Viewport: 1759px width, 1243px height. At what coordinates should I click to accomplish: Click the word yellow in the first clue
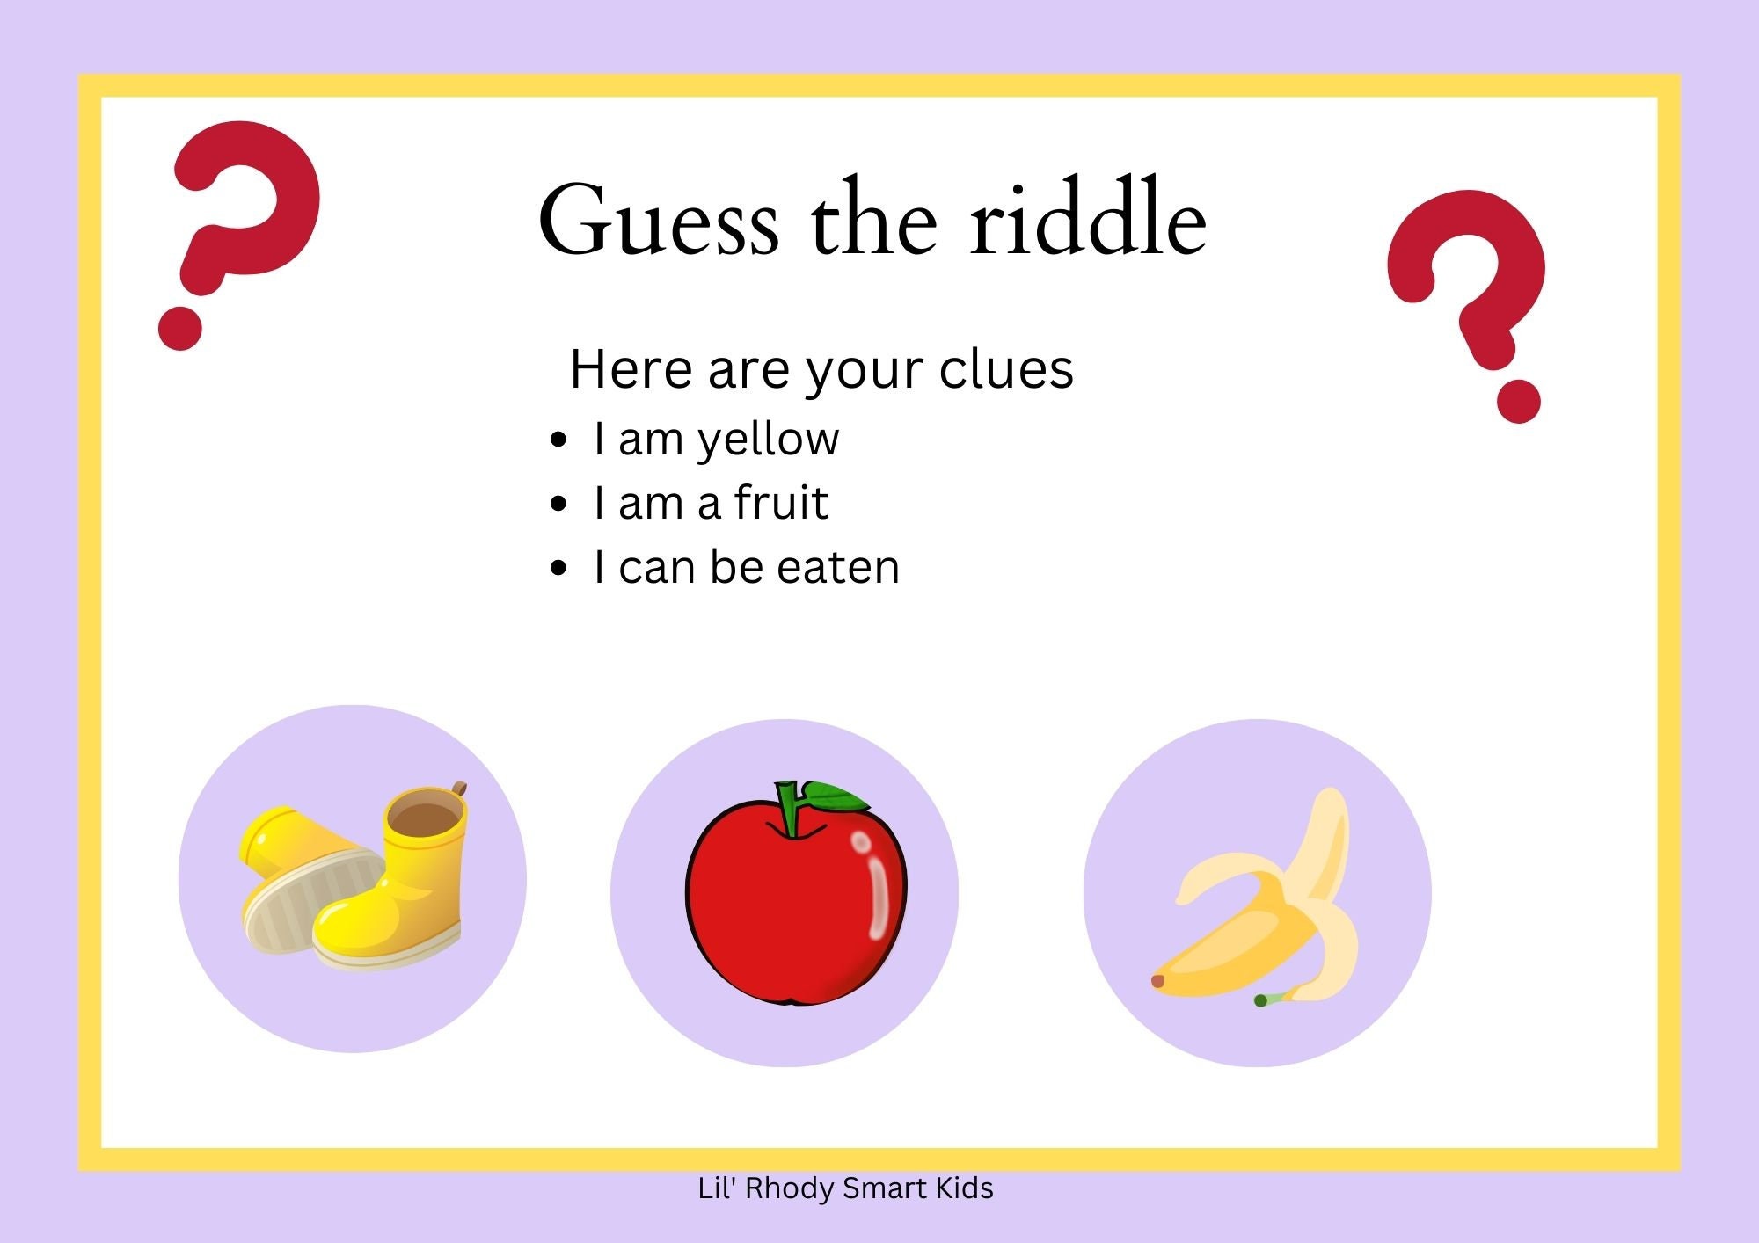768,440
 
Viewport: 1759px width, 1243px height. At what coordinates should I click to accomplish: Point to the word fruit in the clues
781,503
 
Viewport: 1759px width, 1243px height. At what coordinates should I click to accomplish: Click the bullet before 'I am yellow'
558,440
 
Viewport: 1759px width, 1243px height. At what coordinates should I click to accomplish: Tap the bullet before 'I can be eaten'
558,568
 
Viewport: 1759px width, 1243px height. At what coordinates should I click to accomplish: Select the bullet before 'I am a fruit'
558,504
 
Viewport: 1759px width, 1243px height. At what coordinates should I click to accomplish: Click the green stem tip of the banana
1260,1000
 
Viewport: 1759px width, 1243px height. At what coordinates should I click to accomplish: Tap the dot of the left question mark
180,329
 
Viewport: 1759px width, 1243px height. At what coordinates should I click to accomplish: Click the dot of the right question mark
1518,402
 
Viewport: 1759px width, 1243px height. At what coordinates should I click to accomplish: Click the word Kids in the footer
964,1188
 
